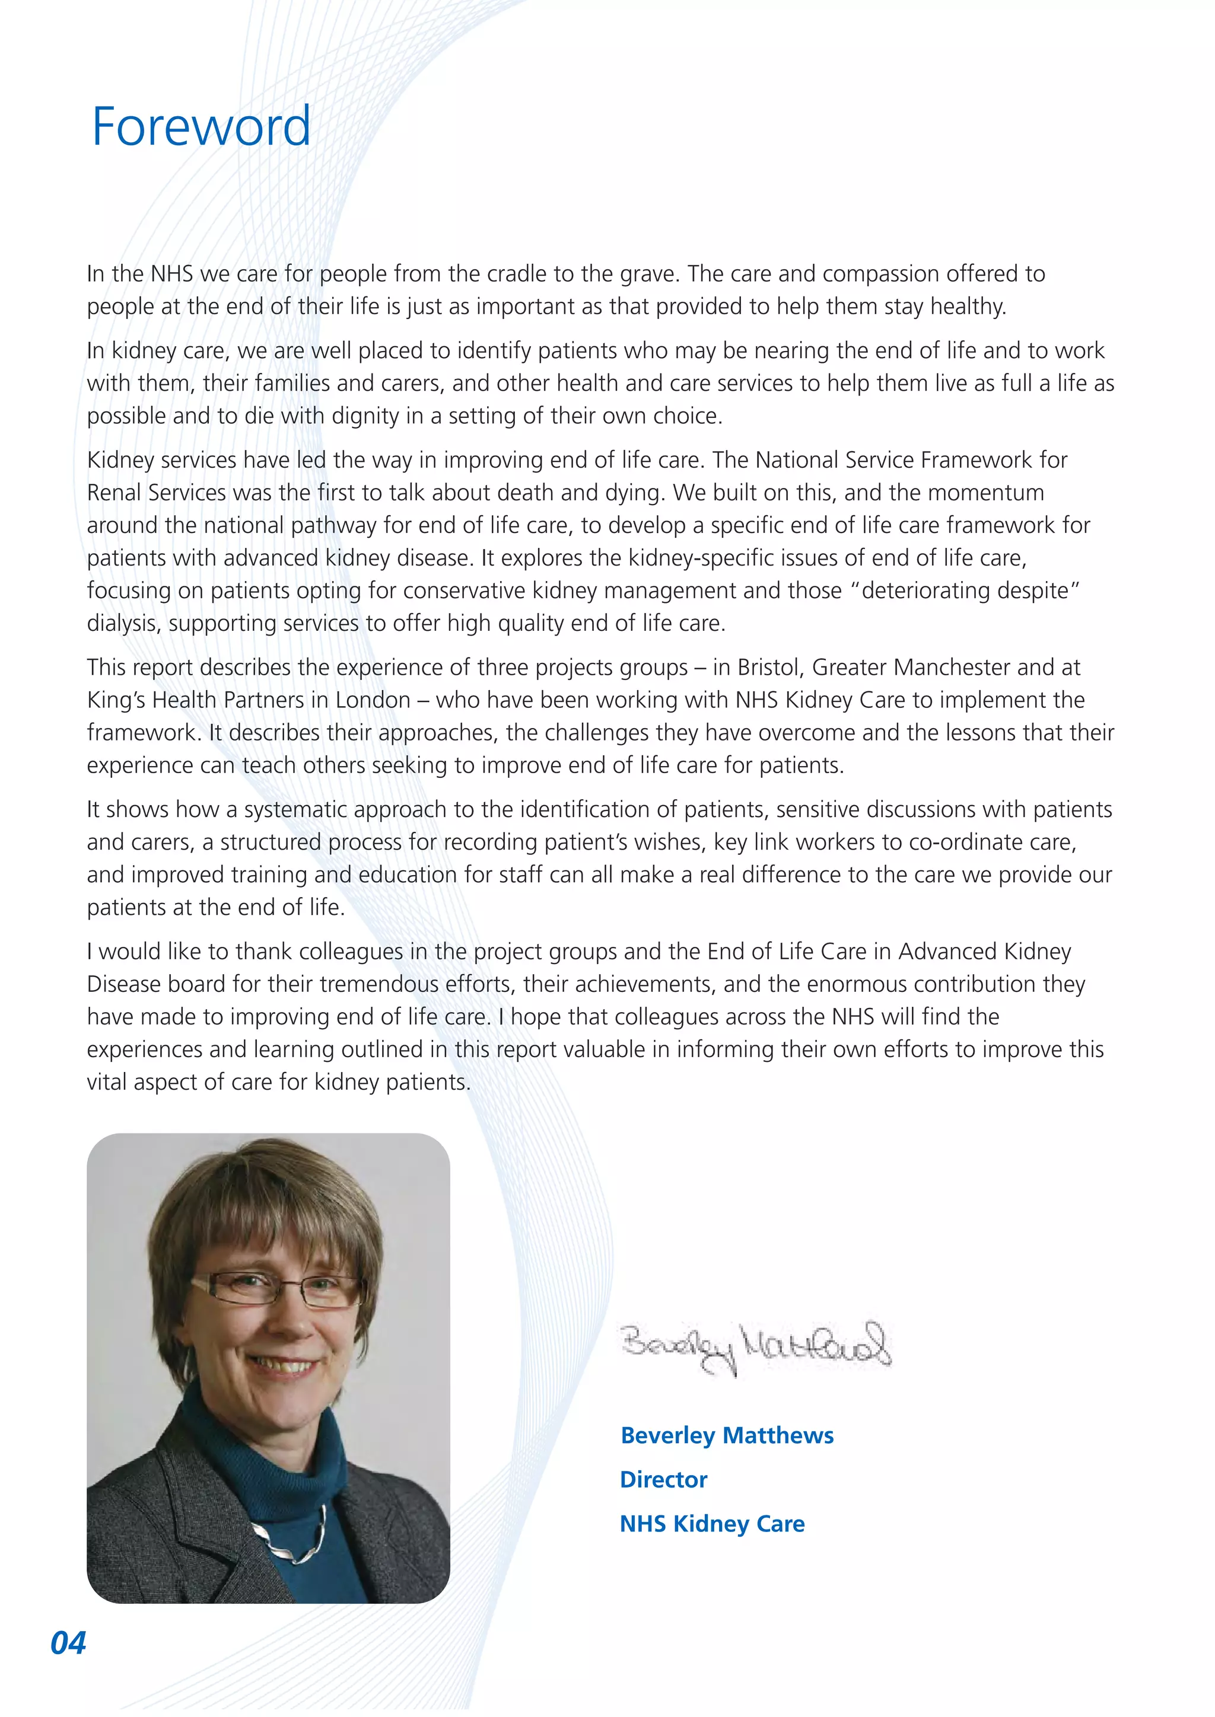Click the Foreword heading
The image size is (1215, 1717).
pos(201,127)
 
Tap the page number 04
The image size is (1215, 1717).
pos(68,1643)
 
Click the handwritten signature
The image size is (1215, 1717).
pos(756,1347)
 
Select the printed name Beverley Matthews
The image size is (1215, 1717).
pos(727,1435)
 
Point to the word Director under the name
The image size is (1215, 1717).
pos(663,1479)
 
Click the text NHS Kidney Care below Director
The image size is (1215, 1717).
pos(711,1523)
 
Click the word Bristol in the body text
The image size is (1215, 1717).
pos(768,667)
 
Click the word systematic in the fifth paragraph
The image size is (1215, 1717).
pos(295,810)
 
